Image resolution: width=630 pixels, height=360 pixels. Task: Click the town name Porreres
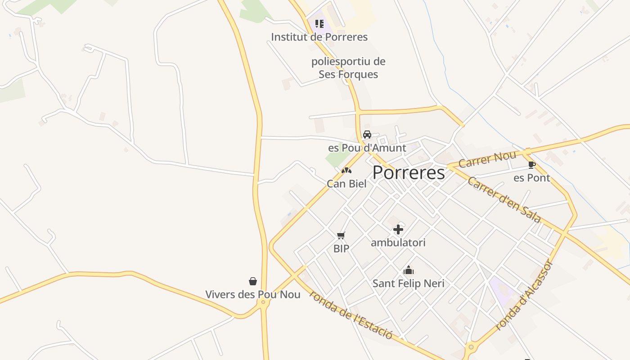(x=409, y=172)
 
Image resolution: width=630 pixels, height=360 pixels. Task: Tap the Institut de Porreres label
(x=319, y=37)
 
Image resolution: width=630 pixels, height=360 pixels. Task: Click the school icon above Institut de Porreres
(x=319, y=24)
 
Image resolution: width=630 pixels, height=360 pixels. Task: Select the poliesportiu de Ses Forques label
(x=348, y=68)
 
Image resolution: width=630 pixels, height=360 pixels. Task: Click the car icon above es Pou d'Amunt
(x=367, y=135)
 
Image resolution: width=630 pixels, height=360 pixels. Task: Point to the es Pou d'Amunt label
(x=367, y=148)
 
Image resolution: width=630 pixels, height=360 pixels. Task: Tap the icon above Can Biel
(x=346, y=171)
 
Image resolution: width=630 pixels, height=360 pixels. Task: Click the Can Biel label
(x=346, y=184)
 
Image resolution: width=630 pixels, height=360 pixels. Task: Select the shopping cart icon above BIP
(x=341, y=235)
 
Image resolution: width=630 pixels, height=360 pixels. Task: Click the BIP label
(x=341, y=248)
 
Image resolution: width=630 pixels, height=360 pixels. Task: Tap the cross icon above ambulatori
(x=398, y=229)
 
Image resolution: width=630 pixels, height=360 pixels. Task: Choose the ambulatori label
(x=398, y=243)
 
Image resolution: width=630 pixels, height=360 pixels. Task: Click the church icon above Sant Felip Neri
(x=409, y=270)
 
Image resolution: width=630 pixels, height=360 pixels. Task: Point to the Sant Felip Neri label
(x=408, y=283)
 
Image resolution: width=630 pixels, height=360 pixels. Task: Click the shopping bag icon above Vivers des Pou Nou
(x=253, y=281)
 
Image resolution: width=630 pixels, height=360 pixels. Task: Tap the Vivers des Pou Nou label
(x=253, y=294)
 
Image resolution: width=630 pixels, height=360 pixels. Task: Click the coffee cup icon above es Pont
(x=531, y=165)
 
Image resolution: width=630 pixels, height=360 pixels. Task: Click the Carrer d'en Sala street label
(x=504, y=200)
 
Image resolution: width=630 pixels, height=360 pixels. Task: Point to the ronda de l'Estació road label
(x=351, y=314)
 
